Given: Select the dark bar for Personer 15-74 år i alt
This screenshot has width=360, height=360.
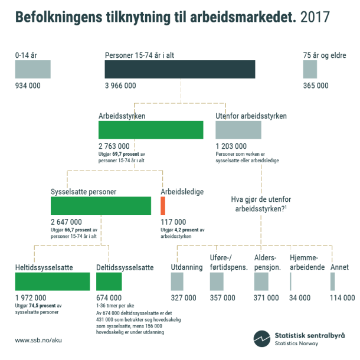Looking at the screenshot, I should point(180,69).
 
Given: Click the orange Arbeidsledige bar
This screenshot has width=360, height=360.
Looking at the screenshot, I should point(163,205).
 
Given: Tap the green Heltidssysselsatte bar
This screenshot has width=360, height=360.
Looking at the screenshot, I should point(53,282).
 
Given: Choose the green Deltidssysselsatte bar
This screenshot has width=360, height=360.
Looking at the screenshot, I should point(109,282).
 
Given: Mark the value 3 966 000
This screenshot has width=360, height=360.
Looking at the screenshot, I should point(120,86).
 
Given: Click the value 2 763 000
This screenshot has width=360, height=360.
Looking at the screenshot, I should point(114,146).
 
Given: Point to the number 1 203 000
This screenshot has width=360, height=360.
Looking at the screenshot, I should point(231,146).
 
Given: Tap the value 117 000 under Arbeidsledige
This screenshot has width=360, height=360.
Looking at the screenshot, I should point(173,222).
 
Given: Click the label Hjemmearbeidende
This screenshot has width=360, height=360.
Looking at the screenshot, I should point(304,263).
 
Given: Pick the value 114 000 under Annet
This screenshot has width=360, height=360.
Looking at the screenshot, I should point(342,298).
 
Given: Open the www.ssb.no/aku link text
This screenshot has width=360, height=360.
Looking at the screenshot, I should point(39,340).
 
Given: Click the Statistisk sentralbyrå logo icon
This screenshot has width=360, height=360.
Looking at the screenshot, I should point(261,339).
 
